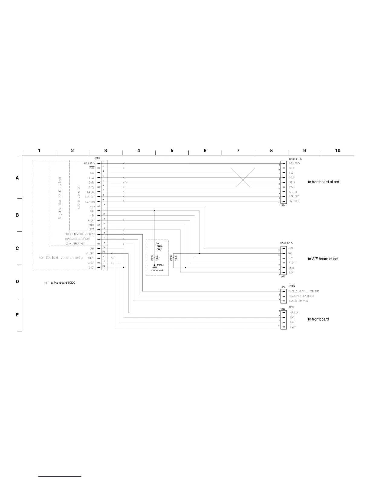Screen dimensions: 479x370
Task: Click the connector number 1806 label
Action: (97, 158)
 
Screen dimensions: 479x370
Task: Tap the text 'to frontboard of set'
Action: (323, 182)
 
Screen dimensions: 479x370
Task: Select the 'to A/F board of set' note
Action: (323, 259)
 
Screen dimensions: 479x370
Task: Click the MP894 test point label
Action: (161, 265)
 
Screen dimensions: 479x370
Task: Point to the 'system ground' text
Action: (157, 270)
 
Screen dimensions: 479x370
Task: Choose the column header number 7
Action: (238, 151)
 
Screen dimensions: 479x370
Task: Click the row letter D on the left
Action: (17, 282)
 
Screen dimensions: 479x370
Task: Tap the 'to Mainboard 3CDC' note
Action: (60, 283)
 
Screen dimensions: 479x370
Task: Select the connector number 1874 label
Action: (283, 206)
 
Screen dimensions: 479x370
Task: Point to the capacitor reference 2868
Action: (171, 258)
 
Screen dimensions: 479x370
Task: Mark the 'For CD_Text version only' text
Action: (60, 258)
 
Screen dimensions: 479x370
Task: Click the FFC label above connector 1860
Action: (291, 307)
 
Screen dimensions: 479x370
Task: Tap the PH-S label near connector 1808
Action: (292, 286)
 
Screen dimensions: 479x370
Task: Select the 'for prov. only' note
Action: (159, 246)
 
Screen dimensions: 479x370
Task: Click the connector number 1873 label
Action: (283, 277)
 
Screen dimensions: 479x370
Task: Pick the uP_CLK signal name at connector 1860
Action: (294, 313)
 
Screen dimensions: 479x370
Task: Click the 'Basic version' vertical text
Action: (79, 197)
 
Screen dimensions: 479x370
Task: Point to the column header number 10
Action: (338, 151)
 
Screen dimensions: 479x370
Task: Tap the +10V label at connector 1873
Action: (291, 248)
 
